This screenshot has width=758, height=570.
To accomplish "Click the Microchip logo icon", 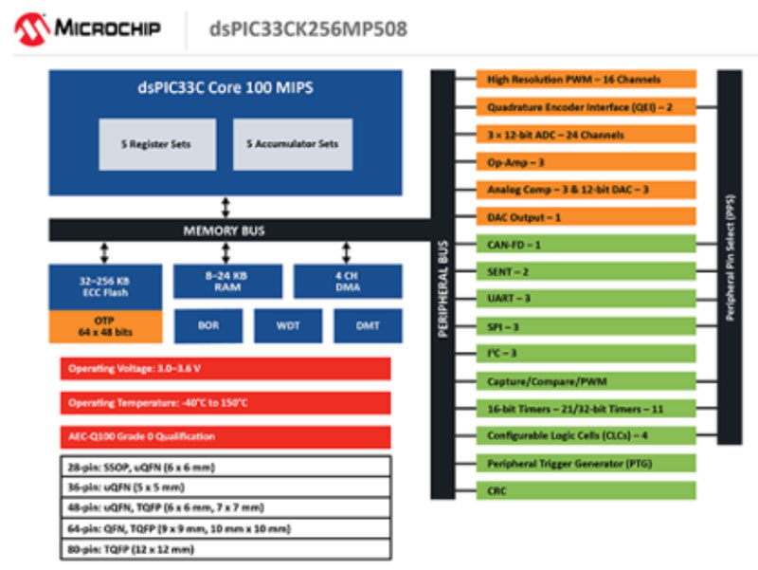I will pyautogui.click(x=32, y=29).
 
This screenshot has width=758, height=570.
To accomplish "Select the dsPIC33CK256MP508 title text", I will pyautogui.click(x=308, y=29).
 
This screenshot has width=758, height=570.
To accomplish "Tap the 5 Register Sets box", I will pyautogui.click(x=155, y=144).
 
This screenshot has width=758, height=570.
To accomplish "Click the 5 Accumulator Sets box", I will pyautogui.click(x=293, y=144).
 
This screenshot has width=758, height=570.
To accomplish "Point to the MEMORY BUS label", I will pyautogui.click(x=225, y=230).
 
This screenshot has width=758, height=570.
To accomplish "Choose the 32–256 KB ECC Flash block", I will pyautogui.click(x=104, y=287).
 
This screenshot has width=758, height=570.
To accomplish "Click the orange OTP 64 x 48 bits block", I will pyautogui.click(x=104, y=326).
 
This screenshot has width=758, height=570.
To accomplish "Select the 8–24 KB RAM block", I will pyautogui.click(x=226, y=282).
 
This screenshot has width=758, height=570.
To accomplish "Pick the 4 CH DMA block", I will pyautogui.click(x=347, y=282).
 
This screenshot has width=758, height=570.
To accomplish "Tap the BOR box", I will pyautogui.click(x=209, y=325).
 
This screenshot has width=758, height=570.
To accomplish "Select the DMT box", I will pyautogui.click(x=368, y=325).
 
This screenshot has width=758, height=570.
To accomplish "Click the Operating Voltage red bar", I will pyautogui.click(x=226, y=368).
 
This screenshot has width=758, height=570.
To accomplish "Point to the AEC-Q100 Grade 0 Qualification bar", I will pyautogui.click(x=226, y=436).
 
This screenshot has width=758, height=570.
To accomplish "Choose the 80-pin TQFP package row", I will pyautogui.click(x=226, y=550).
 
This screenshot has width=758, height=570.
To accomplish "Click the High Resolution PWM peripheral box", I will pyautogui.click(x=587, y=80).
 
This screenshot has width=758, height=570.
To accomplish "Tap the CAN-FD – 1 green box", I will pyautogui.click(x=587, y=245).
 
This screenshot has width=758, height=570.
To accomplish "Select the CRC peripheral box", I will pyautogui.click(x=587, y=490).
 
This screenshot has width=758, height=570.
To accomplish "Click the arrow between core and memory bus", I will pyautogui.click(x=226, y=207).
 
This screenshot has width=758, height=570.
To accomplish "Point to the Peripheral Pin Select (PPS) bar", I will pyautogui.click(x=730, y=256).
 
